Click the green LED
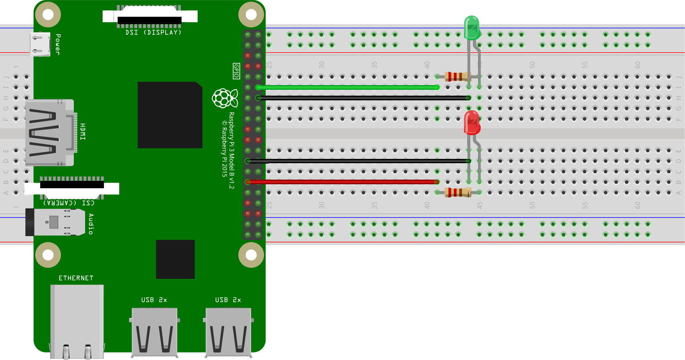[472, 28]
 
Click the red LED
[472, 123]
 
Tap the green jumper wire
[348, 87]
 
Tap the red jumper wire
[344, 182]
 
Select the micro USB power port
[40, 44]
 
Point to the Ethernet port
[77, 320]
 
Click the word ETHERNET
[76, 278]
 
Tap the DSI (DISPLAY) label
[153, 32]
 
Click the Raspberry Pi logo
[225, 98]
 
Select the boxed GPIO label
[236, 71]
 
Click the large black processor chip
[170, 115]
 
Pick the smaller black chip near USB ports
[175, 259]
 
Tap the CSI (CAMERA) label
[69, 203]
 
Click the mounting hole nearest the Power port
[48, 14]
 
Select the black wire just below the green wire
[363, 98]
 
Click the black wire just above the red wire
[357, 161]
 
